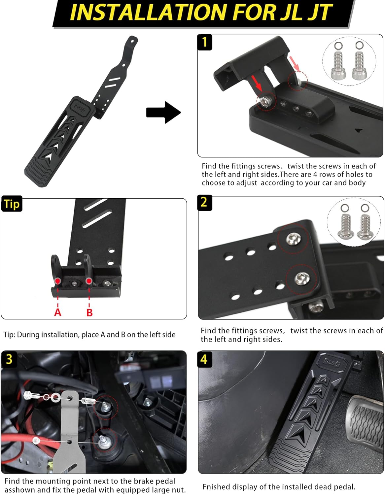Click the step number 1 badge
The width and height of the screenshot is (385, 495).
pyautogui.click(x=205, y=42)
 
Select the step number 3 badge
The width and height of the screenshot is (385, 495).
pyautogui.click(x=9, y=359)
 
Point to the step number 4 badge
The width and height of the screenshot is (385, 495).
pyautogui.click(x=204, y=359)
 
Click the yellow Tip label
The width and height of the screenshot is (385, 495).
pyautogui.click(x=12, y=204)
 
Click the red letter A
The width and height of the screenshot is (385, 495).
pyautogui.click(x=58, y=312)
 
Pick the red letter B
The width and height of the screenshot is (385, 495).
pyautogui.click(x=89, y=312)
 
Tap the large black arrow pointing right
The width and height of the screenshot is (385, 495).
pyautogui.click(x=163, y=113)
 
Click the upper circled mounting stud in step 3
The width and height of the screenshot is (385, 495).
pyautogui.click(x=106, y=407)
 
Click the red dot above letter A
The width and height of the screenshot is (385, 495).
pyautogui.click(x=58, y=281)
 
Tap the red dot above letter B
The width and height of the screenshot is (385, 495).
pyautogui.click(x=88, y=281)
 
